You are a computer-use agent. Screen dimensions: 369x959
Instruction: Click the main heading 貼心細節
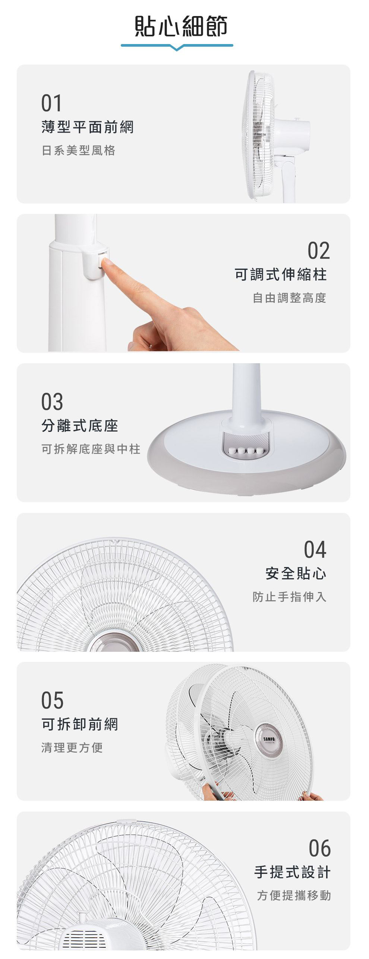pos(181,26)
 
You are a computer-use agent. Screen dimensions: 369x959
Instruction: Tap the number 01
pos(51,103)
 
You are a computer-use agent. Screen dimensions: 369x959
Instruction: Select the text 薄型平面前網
pos(88,127)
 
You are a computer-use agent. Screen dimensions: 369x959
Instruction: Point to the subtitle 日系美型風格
pos(78,150)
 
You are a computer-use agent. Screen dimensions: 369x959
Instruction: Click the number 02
pos(319,250)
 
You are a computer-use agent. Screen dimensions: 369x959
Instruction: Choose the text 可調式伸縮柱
pos(281,274)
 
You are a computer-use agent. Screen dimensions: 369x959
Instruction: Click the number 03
pos(52,402)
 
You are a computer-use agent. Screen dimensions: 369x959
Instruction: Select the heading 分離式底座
pos(80,426)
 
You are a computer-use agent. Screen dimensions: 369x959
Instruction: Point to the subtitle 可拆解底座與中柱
pos(91,449)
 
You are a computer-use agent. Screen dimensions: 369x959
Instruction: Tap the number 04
pos(315,549)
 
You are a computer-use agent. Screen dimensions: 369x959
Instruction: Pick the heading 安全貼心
pos(296,573)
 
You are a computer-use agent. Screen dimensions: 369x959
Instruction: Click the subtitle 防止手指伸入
pos(290,597)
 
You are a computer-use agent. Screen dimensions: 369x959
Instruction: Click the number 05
pos(52,700)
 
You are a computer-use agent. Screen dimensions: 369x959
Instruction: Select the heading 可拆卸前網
pos(80,724)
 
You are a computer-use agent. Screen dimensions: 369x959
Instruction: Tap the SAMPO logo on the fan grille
pos(269,739)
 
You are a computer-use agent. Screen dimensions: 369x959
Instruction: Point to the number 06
pos(319,848)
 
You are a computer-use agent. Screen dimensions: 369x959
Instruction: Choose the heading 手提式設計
pos(292,872)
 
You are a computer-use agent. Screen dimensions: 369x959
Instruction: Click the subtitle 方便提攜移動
pos(294,896)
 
